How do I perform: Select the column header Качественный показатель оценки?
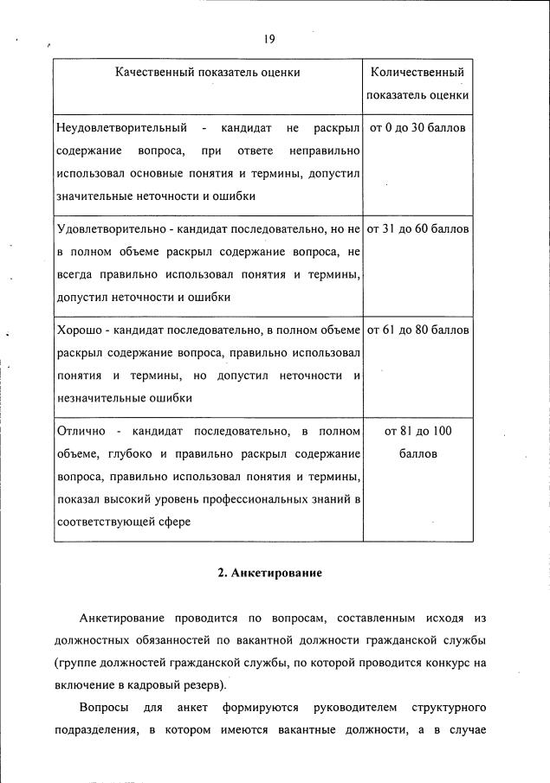(208, 72)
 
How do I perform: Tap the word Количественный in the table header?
(417, 72)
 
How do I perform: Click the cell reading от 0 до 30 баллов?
(417, 129)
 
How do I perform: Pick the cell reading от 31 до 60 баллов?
(417, 230)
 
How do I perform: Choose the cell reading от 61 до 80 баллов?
(417, 331)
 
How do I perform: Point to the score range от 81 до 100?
(417, 431)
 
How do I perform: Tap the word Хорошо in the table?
(79, 331)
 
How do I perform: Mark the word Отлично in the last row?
(80, 431)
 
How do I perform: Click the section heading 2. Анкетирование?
(269, 573)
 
